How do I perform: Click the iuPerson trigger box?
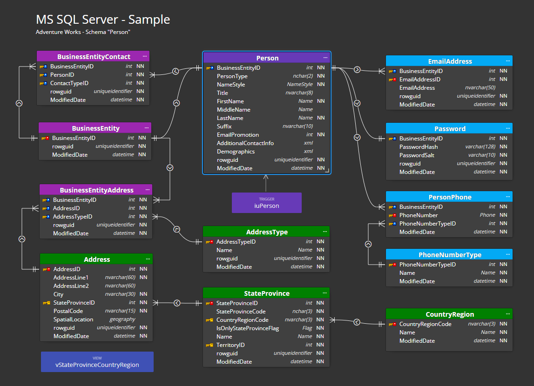(x=266, y=203)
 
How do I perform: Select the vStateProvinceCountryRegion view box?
(x=97, y=362)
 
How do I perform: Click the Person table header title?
(x=267, y=58)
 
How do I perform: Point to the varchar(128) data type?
(x=477, y=147)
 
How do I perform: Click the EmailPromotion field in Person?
(x=237, y=135)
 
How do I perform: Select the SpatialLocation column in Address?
(x=73, y=319)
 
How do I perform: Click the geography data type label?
(x=122, y=319)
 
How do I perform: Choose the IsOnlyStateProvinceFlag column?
(x=247, y=328)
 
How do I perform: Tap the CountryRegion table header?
(x=449, y=314)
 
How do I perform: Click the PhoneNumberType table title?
(x=450, y=255)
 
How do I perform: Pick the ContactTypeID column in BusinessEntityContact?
(x=69, y=83)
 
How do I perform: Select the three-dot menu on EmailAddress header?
(x=507, y=61)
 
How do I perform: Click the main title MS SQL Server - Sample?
(x=103, y=20)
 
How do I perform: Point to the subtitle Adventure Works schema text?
(x=82, y=32)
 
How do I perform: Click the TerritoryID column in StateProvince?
(x=230, y=345)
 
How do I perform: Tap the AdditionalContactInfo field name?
(x=245, y=143)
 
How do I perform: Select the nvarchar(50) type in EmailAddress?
(x=480, y=88)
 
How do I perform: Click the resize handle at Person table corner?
(x=327, y=171)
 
